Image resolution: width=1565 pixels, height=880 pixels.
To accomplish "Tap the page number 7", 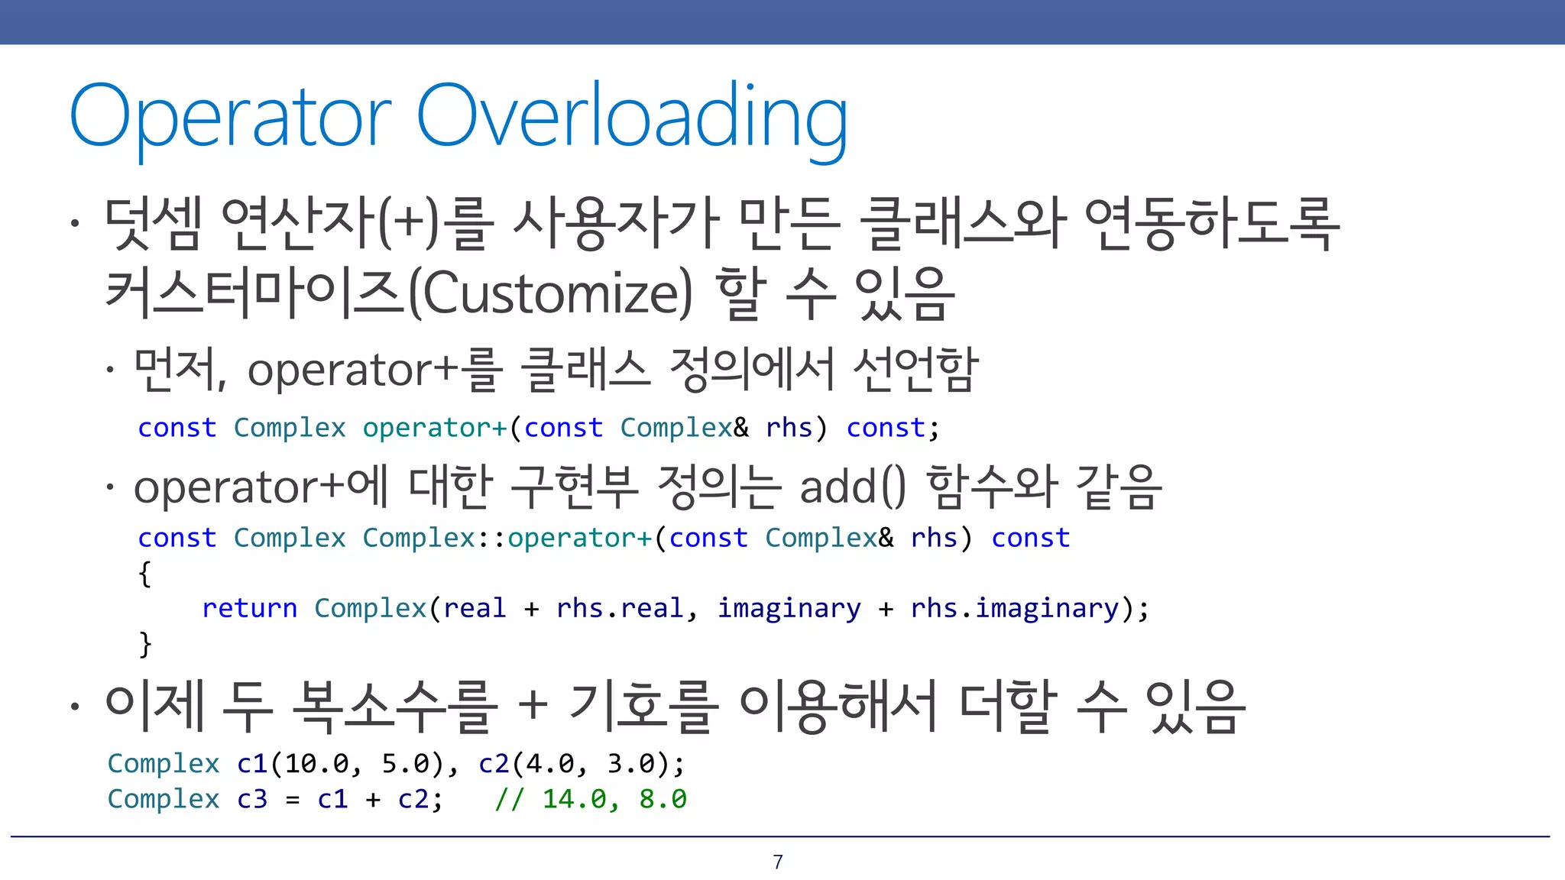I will [x=778, y=862].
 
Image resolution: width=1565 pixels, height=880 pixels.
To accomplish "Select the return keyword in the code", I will [x=249, y=608].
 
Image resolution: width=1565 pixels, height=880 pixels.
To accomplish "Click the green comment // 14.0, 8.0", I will [x=591, y=799].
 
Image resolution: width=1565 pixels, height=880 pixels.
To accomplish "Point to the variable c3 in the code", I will [x=252, y=799].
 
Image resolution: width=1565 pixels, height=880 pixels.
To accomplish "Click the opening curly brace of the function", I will [x=144, y=573].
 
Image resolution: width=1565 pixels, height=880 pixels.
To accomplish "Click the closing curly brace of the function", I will [x=144, y=643].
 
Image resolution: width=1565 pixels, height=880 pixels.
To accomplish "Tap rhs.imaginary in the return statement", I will [x=1015, y=608].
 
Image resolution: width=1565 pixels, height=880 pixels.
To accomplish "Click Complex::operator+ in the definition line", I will [x=507, y=538].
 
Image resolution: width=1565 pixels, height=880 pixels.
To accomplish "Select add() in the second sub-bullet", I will [x=853, y=487].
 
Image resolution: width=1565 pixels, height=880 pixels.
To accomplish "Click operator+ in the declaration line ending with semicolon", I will [x=435, y=428].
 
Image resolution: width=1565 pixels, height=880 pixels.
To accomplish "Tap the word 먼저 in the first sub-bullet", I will [x=177, y=370].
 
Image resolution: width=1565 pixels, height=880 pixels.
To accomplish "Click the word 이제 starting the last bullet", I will [x=155, y=707].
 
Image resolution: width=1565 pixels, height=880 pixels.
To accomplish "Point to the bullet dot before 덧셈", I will [x=74, y=224].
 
